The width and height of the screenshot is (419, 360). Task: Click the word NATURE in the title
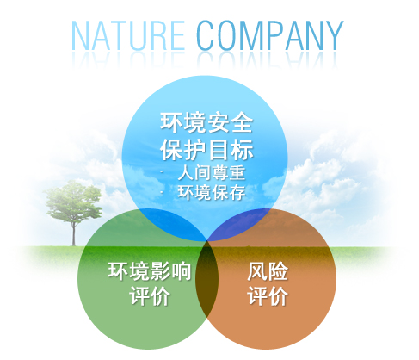pos(128,36)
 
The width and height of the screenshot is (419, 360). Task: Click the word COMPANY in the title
pos(269,36)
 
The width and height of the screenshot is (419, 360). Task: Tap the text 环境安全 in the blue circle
pos(206,122)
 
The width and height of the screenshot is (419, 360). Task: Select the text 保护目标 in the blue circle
pos(206,150)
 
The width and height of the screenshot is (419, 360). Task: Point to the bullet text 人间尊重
pos(212,173)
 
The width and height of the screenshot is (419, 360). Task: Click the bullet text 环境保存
pos(212,192)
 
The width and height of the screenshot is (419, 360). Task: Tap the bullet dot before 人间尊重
pos(162,172)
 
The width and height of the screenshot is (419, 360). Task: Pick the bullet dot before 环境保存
pos(162,192)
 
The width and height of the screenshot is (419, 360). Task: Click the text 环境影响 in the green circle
pos(150,270)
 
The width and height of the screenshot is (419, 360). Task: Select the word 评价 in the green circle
pos(150,295)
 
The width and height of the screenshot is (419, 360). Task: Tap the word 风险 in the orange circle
pos(268,270)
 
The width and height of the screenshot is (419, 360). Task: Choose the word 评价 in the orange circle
pos(268,295)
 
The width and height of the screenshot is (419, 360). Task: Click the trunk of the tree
pos(74,233)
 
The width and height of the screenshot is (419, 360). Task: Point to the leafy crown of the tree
pos(73,201)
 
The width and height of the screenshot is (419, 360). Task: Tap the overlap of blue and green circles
pos(172,222)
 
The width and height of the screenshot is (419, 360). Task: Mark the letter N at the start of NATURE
pos(80,36)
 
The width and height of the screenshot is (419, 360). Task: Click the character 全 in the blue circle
pos(243,122)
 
